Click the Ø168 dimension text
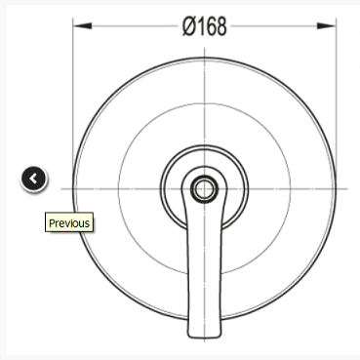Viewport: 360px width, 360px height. (x=204, y=26)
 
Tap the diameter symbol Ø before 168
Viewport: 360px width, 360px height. (x=189, y=26)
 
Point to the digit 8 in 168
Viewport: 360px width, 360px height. (x=220, y=26)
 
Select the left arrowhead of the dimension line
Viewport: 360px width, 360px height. (x=82, y=26)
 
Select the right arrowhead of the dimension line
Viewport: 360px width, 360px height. (x=326, y=26)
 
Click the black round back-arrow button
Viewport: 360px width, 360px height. (x=34, y=179)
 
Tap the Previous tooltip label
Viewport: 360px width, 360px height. (x=69, y=222)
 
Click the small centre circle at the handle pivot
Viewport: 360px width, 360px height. (x=204, y=189)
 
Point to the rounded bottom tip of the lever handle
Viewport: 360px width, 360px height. (x=204, y=337)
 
